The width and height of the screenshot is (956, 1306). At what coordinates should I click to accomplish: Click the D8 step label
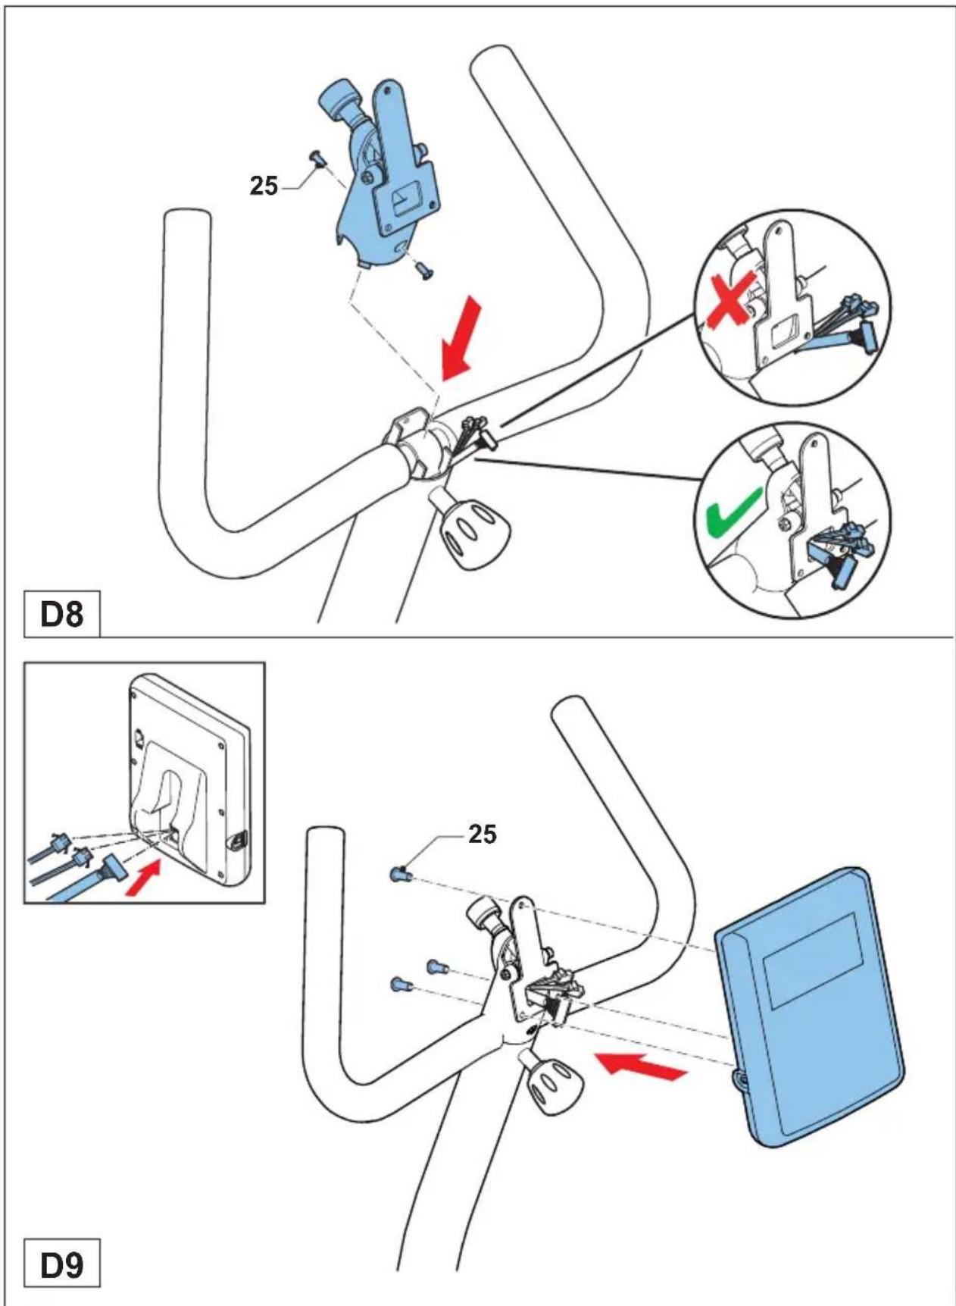(x=61, y=615)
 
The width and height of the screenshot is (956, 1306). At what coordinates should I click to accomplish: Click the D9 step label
(x=61, y=1264)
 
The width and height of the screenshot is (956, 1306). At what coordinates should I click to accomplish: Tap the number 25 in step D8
(x=264, y=186)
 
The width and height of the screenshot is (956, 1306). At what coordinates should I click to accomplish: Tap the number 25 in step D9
(x=483, y=834)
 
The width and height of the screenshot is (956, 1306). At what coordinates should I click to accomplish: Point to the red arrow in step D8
(x=461, y=338)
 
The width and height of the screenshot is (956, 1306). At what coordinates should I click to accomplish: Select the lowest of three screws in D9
(x=401, y=985)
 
